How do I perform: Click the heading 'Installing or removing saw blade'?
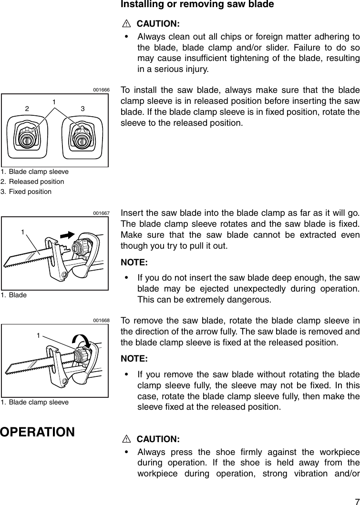click(197, 5)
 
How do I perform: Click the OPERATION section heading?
click(37, 432)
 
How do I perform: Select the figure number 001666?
click(101, 90)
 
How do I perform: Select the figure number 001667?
click(101, 213)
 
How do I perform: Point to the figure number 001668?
click(101, 320)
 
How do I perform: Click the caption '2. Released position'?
click(32, 182)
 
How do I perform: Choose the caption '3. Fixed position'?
click(26, 192)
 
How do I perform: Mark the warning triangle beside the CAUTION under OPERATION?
click(126, 439)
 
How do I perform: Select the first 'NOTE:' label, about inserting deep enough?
click(134, 263)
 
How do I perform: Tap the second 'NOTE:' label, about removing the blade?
click(134, 358)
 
